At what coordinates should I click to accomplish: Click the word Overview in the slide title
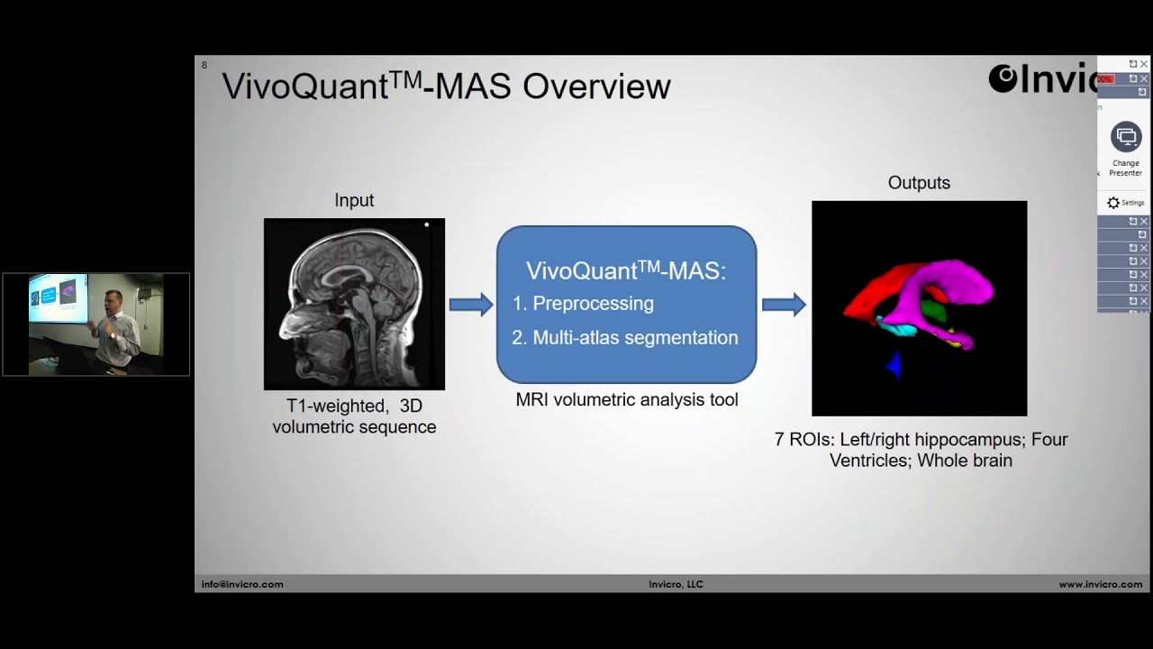[596, 87]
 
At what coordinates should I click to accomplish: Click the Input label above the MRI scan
[354, 200]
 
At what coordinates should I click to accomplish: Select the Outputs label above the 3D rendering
[919, 183]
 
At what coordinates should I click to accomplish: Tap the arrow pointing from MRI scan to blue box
[470, 305]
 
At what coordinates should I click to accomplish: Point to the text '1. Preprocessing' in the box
[583, 304]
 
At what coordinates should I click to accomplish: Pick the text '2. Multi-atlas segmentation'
[625, 338]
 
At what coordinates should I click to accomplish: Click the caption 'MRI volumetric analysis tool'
[626, 399]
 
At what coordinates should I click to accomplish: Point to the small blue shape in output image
[894, 363]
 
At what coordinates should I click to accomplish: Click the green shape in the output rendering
[934, 312]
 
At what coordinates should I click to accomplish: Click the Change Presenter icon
[1125, 138]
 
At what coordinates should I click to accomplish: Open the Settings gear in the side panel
[1114, 203]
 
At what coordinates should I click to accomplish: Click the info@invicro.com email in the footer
[242, 584]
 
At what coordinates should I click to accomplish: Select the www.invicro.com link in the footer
[1100, 584]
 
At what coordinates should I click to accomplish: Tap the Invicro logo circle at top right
[1003, 78]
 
